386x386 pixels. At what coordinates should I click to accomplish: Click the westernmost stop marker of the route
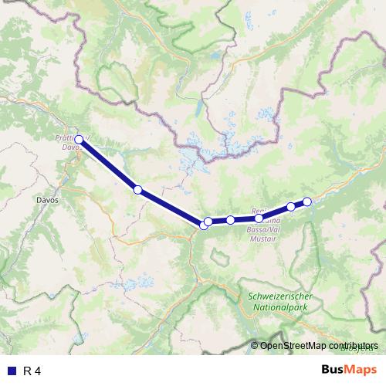coord(79,140)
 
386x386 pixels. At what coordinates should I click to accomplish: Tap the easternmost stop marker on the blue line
coord(306,201)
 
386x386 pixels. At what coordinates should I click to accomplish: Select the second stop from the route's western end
coord(137,189)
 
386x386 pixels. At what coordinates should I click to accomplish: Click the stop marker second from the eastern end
coord(290,206)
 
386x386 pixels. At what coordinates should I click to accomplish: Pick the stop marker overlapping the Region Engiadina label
coord(259,218)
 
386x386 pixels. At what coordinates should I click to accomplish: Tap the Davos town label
coord(47,198)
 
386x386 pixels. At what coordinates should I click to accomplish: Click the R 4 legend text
coord(32,371)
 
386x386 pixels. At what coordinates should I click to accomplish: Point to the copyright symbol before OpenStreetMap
coord(255,345)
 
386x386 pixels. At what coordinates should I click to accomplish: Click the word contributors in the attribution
coord(355,345)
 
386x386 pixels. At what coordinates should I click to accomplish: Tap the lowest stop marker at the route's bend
coord(204,225)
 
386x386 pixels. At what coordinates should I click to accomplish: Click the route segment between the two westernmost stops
coord(108,164)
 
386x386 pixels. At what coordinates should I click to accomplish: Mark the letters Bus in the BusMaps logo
coord(333,370)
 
